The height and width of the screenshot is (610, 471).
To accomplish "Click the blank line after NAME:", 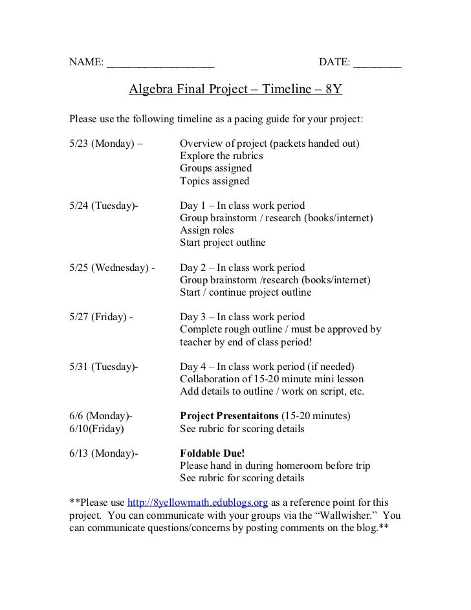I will coord(160,63).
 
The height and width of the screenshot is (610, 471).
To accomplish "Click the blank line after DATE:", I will coord(377,63).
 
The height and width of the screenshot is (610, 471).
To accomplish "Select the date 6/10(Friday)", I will coord(98,428).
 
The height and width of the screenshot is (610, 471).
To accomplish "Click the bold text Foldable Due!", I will coord(212,453).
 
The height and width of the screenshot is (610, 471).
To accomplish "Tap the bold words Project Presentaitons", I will coord(232,416).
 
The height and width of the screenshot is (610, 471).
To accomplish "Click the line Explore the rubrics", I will coord(221,156).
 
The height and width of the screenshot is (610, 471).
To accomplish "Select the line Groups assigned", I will coord(215,168).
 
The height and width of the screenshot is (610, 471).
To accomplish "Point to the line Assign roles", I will coord(207,230).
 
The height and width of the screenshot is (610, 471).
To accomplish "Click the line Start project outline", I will coord(223,243).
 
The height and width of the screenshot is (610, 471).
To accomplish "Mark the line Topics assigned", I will coord(214,181).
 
